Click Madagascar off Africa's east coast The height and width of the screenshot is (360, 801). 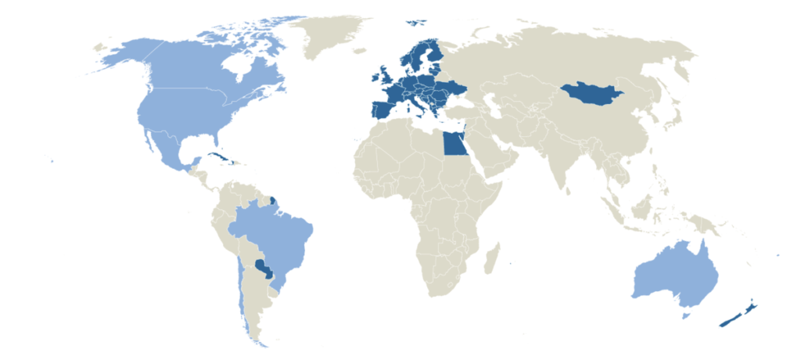coord(492,259)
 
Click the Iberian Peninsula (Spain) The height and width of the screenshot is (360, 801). coord(383,110)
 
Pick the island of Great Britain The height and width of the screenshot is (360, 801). coord(386,78)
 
